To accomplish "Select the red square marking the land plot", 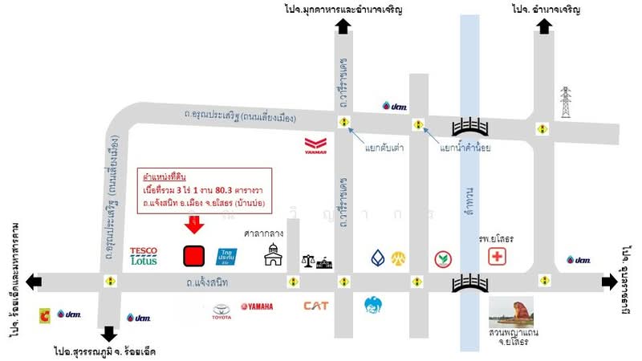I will click(193, 256).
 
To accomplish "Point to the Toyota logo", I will click(221, 311).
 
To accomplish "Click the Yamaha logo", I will click(256, 306).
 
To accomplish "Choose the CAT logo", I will click(315, 305).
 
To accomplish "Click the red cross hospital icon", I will click(498, 257).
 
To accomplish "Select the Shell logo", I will click(43, 316).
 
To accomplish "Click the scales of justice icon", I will click(307, 262).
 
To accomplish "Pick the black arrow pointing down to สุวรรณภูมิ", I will click(109, 333).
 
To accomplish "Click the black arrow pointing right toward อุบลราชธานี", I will click(610, 282).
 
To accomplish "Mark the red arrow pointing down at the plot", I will click(193, 227).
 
